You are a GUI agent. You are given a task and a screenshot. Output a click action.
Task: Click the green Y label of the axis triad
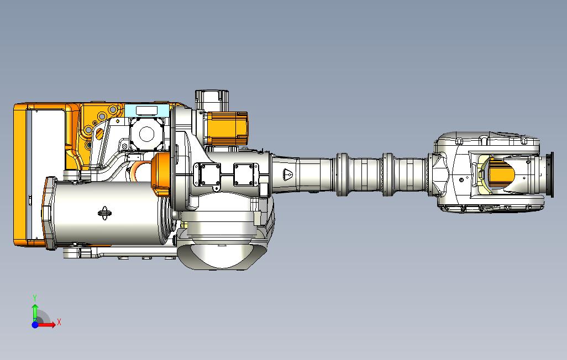35,298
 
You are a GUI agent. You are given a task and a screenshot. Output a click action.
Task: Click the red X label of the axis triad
59,322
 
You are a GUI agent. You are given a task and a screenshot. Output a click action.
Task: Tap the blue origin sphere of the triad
35,325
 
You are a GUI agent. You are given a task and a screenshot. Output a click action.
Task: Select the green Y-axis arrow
35,313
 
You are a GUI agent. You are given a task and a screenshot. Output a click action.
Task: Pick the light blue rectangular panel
146,110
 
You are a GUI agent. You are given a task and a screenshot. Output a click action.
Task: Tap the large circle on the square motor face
147,134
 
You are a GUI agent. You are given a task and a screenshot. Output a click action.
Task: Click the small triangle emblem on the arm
288,174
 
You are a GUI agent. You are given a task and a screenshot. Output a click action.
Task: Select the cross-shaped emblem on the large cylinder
104,213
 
